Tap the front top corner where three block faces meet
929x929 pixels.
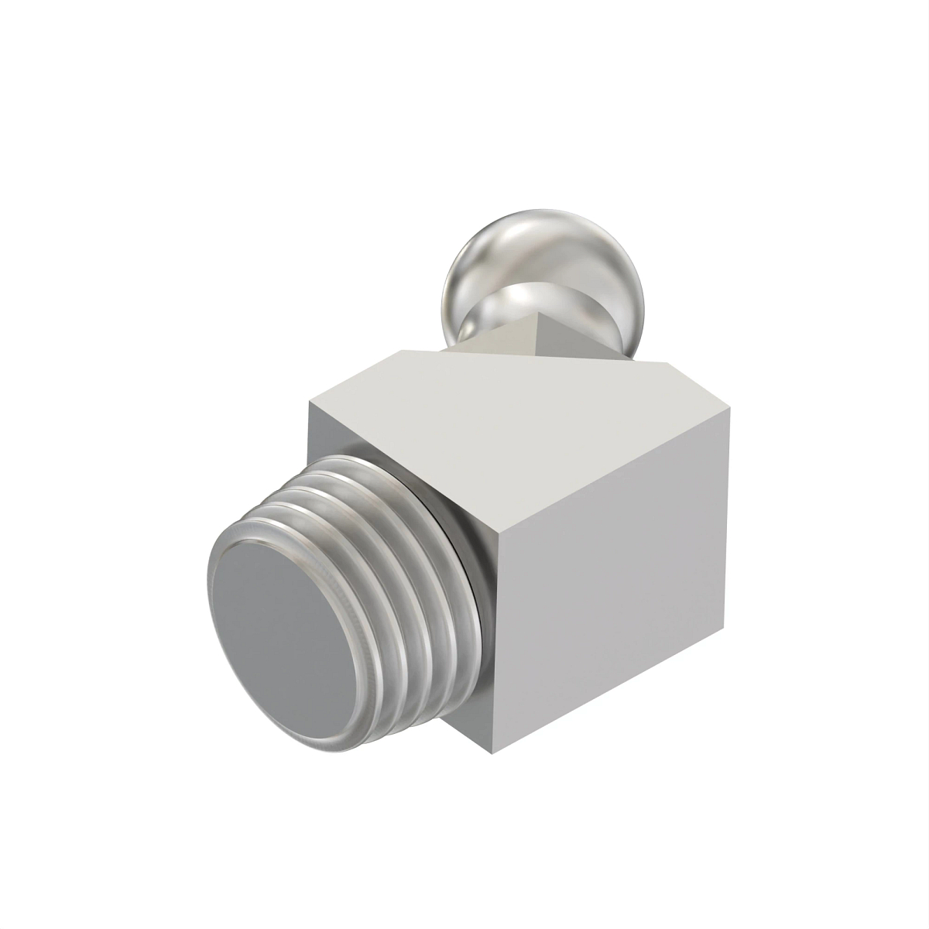(495, 534)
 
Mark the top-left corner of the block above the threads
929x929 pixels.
(309, 402)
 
